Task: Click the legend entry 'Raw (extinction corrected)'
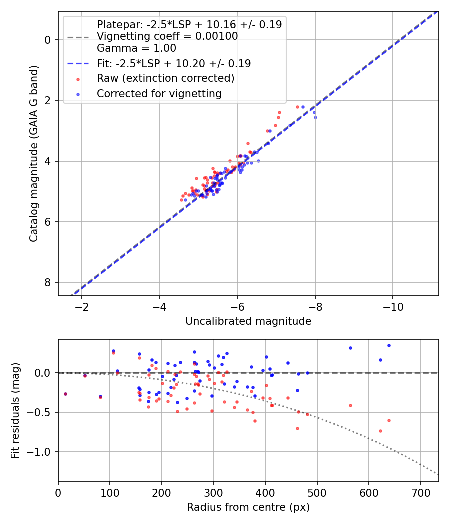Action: [x=165, y=78]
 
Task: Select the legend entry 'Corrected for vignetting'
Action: [x=159, y=93]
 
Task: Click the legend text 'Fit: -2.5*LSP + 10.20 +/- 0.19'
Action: [x=174, y=64]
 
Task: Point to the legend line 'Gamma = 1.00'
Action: [x=136, y=48]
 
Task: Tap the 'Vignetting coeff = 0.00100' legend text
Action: [x=167, y=36]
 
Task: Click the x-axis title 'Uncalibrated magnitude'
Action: [x=248, y=321]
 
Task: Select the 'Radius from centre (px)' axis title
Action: [x=248, y=507]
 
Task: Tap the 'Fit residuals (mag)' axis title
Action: [x=15, y=410]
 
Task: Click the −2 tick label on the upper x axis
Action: [x=81, y=305]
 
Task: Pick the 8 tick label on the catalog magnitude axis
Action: [x=48, y=283]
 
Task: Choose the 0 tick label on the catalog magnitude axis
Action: [x=48, y=40]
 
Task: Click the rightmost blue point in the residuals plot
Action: [x=389, y=345]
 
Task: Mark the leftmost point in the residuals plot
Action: [x=65, y=394]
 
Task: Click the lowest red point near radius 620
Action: [x=380, y=431]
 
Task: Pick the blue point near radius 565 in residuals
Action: [x=350, y=348]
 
